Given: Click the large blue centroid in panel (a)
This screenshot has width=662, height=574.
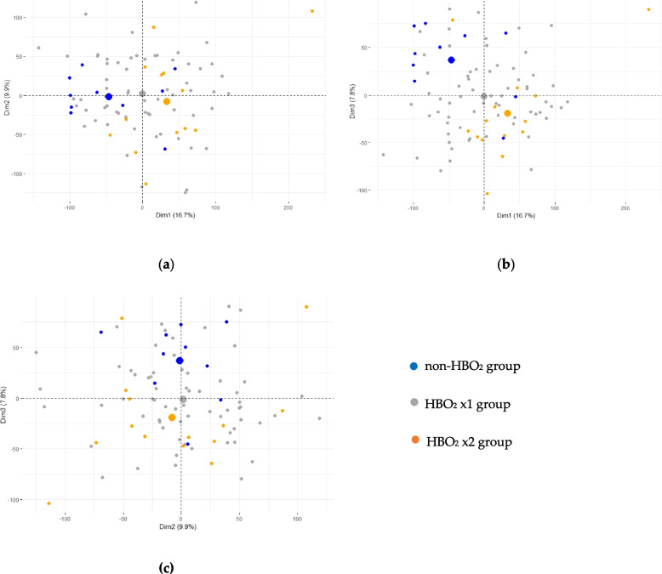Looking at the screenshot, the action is [109, 97].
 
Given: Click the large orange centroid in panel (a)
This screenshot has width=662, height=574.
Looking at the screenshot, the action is [167, 101].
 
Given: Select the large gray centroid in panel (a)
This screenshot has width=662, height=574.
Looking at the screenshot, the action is [142, 94].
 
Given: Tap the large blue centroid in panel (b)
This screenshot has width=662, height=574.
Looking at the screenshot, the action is [451, 60].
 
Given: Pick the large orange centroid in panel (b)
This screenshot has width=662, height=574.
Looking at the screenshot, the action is [507, 113].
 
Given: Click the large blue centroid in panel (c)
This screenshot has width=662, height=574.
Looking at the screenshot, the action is [180, 361].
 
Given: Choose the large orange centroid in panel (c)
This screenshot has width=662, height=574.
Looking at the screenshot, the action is [172, 418].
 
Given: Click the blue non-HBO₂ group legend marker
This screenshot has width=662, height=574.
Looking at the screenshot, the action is [414, 366].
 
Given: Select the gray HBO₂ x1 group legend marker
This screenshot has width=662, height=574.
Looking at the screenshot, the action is [414, 402].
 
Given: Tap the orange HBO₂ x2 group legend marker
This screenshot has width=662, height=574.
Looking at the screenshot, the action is [415, 440].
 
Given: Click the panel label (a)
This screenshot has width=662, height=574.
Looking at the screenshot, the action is [166, 264].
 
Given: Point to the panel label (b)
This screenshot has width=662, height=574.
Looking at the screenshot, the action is [505, 264].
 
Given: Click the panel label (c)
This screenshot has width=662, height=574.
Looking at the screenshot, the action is [166, 567].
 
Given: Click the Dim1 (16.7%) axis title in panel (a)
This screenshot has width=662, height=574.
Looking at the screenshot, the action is [175, 215].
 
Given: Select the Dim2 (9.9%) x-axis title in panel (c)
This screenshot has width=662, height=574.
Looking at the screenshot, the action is [178, 526].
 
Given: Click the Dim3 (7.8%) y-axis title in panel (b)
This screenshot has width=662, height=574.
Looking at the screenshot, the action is [352, 101].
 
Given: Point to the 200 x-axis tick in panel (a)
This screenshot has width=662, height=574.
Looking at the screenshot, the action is [288, 207].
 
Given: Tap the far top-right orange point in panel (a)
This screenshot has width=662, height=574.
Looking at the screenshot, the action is [312, 11].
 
